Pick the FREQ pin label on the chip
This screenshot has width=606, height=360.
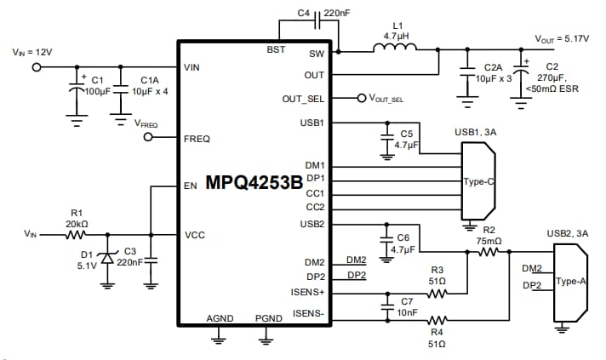(197, 139)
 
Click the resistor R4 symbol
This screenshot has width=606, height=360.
(437, 320)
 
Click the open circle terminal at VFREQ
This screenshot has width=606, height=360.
(147, 139)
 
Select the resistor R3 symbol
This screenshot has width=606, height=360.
(437, 293)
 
